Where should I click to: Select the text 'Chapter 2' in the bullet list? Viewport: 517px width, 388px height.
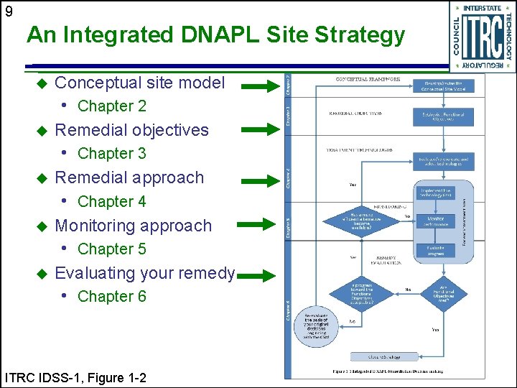point(111,106)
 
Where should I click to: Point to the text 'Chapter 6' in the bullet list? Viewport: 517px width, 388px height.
point(111,296)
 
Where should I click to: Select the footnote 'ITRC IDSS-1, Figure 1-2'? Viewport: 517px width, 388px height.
point(75,377)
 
